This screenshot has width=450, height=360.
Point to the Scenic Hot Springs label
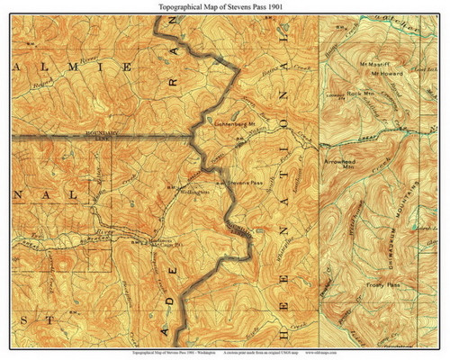pos(146,241)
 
